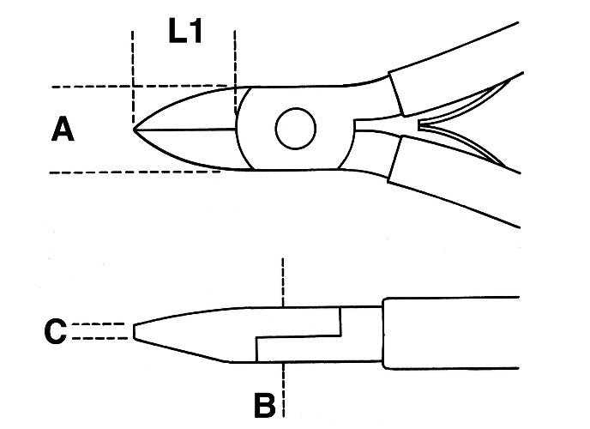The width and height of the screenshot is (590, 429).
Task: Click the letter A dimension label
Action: point(63,130)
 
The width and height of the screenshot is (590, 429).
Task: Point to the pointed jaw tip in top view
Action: point(136,129)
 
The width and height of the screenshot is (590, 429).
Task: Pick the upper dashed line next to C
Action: point(101,324)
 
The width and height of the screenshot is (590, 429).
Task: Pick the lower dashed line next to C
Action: point(101,339)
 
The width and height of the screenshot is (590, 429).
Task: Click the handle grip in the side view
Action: point(450,332)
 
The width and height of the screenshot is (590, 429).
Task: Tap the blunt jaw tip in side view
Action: point(135,332)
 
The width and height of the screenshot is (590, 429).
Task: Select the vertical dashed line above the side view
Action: point(282,279)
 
